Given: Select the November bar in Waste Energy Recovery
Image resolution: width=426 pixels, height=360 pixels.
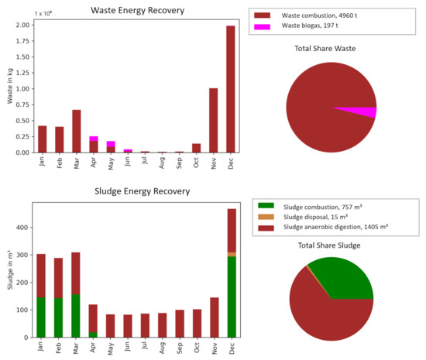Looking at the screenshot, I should pos(214,120).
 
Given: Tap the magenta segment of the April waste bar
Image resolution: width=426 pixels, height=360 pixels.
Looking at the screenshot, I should pos(94,139).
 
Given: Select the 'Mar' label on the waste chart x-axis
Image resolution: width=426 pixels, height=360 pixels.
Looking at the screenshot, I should pos(77,164).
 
